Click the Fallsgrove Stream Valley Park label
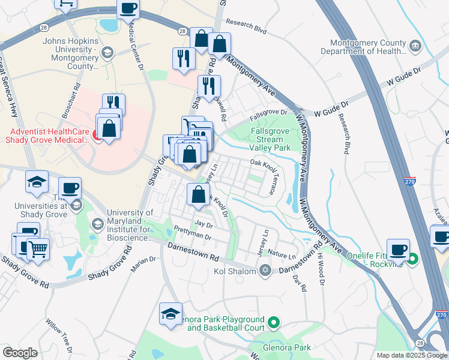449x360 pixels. coord(269,139)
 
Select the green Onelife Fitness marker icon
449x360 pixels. coord(413,259)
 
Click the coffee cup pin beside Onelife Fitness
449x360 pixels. coord(398,249)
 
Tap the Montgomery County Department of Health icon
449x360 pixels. coord(415,46)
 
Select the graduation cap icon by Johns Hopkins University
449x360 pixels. coord(107,53)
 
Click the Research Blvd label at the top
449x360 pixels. coord(251,28)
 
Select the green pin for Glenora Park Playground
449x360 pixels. coord(273,323)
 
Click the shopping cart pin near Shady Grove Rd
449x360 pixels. coord(38,248)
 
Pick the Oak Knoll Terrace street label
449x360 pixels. coord(265,174)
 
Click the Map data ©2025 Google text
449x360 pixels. coord(412,355)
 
